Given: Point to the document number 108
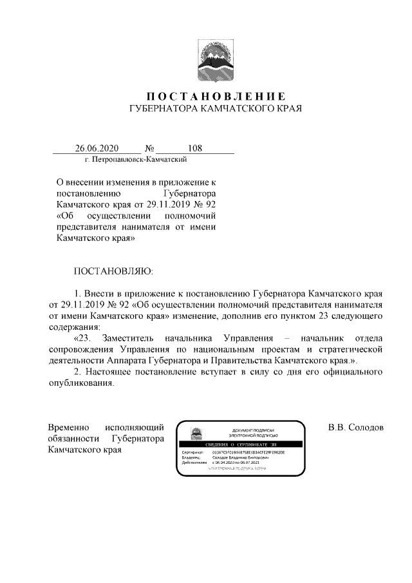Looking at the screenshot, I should click(x=194, y=148).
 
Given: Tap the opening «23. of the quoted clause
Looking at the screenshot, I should click(x=86, y=339).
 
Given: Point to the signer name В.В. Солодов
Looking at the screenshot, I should click(x=355, y=428).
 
